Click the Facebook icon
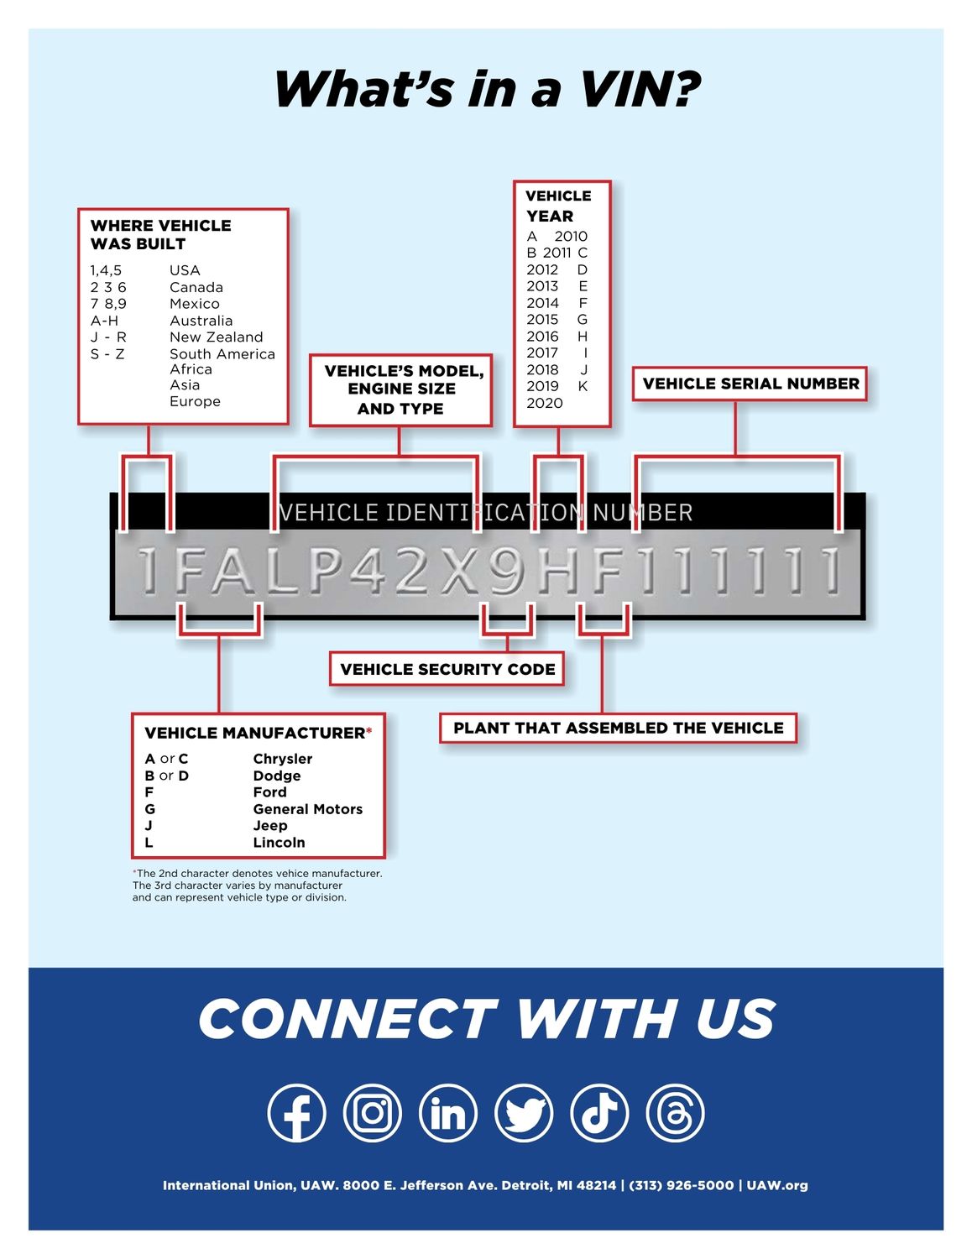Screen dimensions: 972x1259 [296, 1113]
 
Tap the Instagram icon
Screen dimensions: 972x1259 [372, 1113]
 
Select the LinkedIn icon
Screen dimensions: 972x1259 [447, 1113]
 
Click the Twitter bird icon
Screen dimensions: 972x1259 [524, 1113]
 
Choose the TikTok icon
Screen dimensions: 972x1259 [599, 1113]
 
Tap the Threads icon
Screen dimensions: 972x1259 [675, 1113]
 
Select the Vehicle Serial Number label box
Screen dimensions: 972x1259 [750, 384]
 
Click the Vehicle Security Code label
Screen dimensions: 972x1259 [447, 669]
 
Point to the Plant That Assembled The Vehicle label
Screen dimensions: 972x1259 [618, 728]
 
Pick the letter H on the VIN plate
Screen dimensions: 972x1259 [557, 572]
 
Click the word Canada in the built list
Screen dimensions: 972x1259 [196, 287]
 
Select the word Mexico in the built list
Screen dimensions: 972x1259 [195, 304]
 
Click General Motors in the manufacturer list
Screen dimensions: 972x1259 [307, 809]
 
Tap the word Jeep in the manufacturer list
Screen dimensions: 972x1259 [270, 826]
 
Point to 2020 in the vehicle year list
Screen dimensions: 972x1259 [545, 403]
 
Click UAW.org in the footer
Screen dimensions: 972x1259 [776, 1185]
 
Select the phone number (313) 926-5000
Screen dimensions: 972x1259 [682, 1185]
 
